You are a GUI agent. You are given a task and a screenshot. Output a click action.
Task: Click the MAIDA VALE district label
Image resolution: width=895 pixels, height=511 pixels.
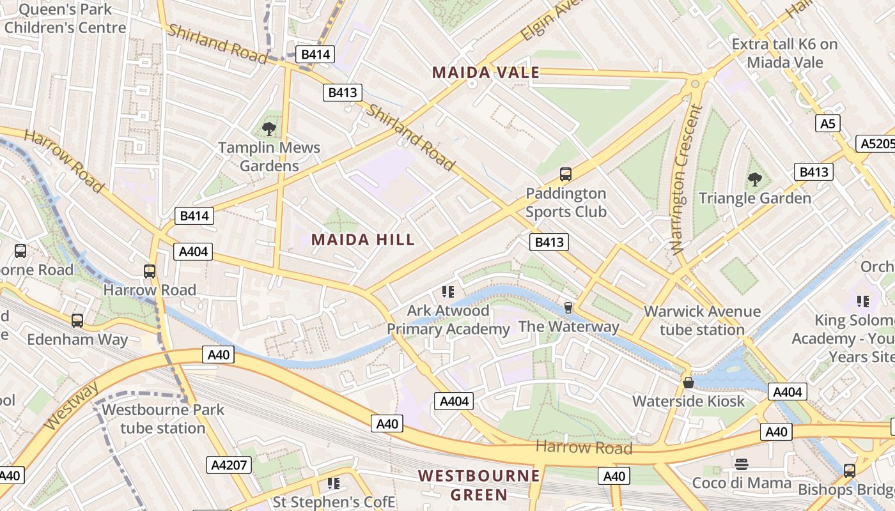click(x=486, y=73)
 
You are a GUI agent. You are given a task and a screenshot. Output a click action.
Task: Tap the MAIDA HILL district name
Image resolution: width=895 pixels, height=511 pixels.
click(x=363, y=240)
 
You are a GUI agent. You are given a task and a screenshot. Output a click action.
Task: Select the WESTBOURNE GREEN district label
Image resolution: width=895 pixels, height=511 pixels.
click(x=479, y=485)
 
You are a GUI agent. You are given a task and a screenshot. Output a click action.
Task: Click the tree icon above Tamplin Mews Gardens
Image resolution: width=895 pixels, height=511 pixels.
click(x=269, y=129)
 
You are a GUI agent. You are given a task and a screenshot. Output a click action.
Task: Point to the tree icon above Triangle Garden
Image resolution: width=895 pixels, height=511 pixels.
click(x=755, y=179)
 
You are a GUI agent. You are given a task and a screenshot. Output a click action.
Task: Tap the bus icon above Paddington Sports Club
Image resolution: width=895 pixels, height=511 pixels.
click(x=565, y=174)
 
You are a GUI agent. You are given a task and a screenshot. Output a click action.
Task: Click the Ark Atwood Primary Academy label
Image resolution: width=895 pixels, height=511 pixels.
click(x=448, y=320)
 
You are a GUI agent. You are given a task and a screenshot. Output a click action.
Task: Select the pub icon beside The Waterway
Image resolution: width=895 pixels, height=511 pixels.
click(x=567, y=309)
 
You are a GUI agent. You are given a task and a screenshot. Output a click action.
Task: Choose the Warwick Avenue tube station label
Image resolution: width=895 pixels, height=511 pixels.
click(x=702, y=321)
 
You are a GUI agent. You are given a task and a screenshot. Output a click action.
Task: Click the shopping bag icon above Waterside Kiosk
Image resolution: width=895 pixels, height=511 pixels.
click(x=689, y=383)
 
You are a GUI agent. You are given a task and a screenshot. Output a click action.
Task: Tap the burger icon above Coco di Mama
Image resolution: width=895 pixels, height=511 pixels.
click(x=742, y=464)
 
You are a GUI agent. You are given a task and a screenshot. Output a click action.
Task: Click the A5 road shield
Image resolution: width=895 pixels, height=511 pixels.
click(x=827, y=124)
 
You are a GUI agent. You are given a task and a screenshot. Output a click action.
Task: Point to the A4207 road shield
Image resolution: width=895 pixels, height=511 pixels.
click(x=228, y=465)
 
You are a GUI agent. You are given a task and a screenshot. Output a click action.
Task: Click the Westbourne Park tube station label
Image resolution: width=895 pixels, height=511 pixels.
click(x=163, y=418)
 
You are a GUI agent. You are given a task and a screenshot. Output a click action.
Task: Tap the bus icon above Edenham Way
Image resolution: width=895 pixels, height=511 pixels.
click(x=77, y=321)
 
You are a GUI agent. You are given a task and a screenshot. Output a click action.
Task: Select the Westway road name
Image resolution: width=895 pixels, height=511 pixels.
click(x=72, y=406)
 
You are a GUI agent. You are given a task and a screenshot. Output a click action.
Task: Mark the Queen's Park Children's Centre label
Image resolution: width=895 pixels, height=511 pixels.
click(x=65, y=19)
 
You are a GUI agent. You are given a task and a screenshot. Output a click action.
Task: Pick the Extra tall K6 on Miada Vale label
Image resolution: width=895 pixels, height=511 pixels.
click(x=784, y=53)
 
